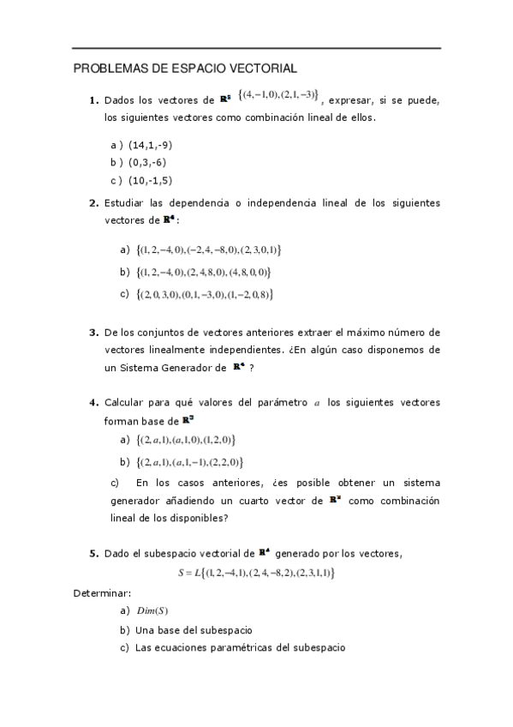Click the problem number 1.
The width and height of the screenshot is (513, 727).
click(x=93, y=100)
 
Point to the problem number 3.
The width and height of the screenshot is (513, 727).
click(x=93, y=332)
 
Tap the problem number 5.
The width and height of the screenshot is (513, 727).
click(x=93, y=554)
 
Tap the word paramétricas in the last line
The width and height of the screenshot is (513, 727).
click(x=248, y=647)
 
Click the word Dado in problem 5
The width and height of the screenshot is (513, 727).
click(x=116, y=554)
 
